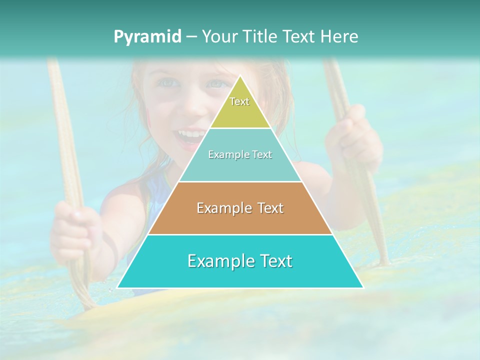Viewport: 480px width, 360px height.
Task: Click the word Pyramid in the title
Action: tap(147, 37)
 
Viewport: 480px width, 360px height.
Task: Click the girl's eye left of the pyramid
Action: tap(169, 82)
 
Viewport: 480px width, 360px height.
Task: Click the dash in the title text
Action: tap(191, 37)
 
